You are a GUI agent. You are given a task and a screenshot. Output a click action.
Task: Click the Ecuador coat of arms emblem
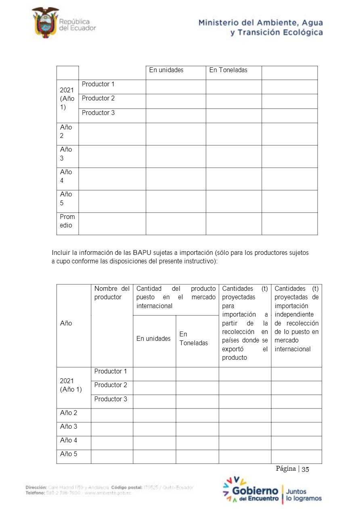click(45, 22)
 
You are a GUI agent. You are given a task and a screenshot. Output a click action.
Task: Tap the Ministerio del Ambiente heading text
click(260, 27)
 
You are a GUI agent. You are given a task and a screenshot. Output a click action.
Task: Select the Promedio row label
click(67, 221)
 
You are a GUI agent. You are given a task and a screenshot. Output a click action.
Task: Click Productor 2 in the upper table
click(98, 98)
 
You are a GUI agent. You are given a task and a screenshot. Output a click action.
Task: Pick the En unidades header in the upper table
click(166, 70)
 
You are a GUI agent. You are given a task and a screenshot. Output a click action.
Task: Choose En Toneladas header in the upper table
click(228, 70)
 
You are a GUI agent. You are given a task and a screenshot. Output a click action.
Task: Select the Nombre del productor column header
click(112, 293)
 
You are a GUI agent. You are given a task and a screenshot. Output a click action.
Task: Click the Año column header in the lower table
click(66, 323)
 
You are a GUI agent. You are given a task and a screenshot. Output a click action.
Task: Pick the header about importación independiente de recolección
click(296, 319)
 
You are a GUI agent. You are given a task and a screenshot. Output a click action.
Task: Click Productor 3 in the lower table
click(111, 399)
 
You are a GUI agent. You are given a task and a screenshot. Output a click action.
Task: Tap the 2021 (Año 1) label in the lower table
click(71, 385)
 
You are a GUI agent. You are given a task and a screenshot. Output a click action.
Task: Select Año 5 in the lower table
click(69, 454)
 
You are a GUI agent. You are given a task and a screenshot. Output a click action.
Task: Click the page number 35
click(306, 469)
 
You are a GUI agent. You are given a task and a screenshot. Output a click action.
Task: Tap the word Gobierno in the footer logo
click(255, 491)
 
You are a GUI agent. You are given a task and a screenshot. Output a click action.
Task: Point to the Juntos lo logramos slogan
click(303, 495)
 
